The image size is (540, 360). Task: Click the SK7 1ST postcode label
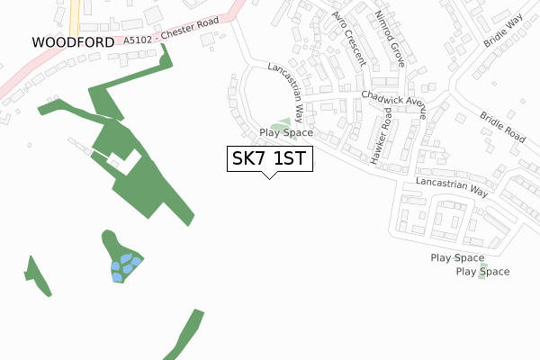[269, 159]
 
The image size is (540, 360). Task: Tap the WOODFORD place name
[73, 42]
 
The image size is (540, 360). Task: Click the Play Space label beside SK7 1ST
[286, 133]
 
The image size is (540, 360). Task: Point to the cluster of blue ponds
[124, 265]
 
